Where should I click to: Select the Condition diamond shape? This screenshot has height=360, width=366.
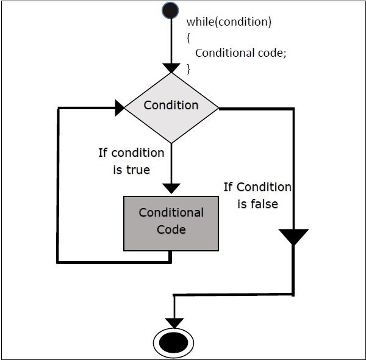click(x=171, y=107)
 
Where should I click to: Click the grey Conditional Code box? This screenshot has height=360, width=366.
click(x=171, y=223)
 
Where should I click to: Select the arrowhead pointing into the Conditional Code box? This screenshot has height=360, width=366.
click(x=171, y=187)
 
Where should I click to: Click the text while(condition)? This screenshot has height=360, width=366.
click(x=229, y=23)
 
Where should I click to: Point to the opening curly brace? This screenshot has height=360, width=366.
click(x=190, y=37)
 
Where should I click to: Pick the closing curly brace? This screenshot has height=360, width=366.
click(x=189, y=68)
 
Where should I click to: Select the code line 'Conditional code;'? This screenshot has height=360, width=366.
click(x=240, y=53)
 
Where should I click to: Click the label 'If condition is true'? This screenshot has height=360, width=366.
click(x=131, y=161)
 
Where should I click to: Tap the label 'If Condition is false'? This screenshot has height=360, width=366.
click(x=257, y=195)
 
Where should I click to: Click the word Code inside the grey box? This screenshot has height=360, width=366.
click(x=171, y=230)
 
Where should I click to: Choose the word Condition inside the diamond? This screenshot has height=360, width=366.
click(x=171, y=105)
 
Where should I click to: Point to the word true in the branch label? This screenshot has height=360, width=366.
click(x=137, y=170)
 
